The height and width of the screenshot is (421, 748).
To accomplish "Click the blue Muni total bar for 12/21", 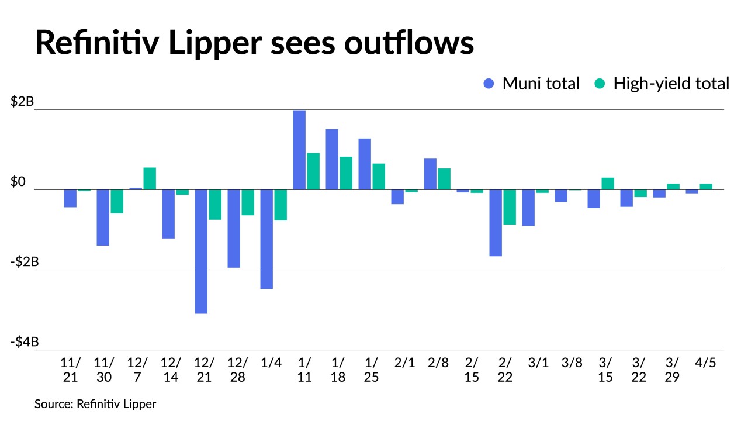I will pos(201,251).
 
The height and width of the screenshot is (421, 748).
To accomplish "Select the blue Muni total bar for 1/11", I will pos(299,150).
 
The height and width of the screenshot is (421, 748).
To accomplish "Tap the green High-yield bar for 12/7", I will pos(150,178).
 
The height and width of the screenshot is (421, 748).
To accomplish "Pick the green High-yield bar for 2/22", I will pos(510,207).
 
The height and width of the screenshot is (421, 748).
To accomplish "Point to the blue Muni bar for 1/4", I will pos(266,239).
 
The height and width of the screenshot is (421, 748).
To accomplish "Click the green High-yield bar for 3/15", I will pos(608,184).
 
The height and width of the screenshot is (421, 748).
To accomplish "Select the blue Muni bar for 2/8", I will pos(430,174).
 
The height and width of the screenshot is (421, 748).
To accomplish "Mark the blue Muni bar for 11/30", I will pos(103,218).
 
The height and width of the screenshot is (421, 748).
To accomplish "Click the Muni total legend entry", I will pos(532,84).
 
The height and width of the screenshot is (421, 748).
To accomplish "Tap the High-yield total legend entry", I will pos(662,84).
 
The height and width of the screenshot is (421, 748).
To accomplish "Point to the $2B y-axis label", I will pos(22,102).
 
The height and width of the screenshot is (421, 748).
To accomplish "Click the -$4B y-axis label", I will pos(25,342).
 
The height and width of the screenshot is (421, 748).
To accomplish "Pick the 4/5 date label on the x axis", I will pos(706,363).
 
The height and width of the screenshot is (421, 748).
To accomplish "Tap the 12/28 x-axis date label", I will pos(237,370).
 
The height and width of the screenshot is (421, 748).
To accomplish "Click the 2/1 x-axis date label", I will pos(404,363).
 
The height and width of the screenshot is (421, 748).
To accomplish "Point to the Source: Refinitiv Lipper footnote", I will pos(95,404).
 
